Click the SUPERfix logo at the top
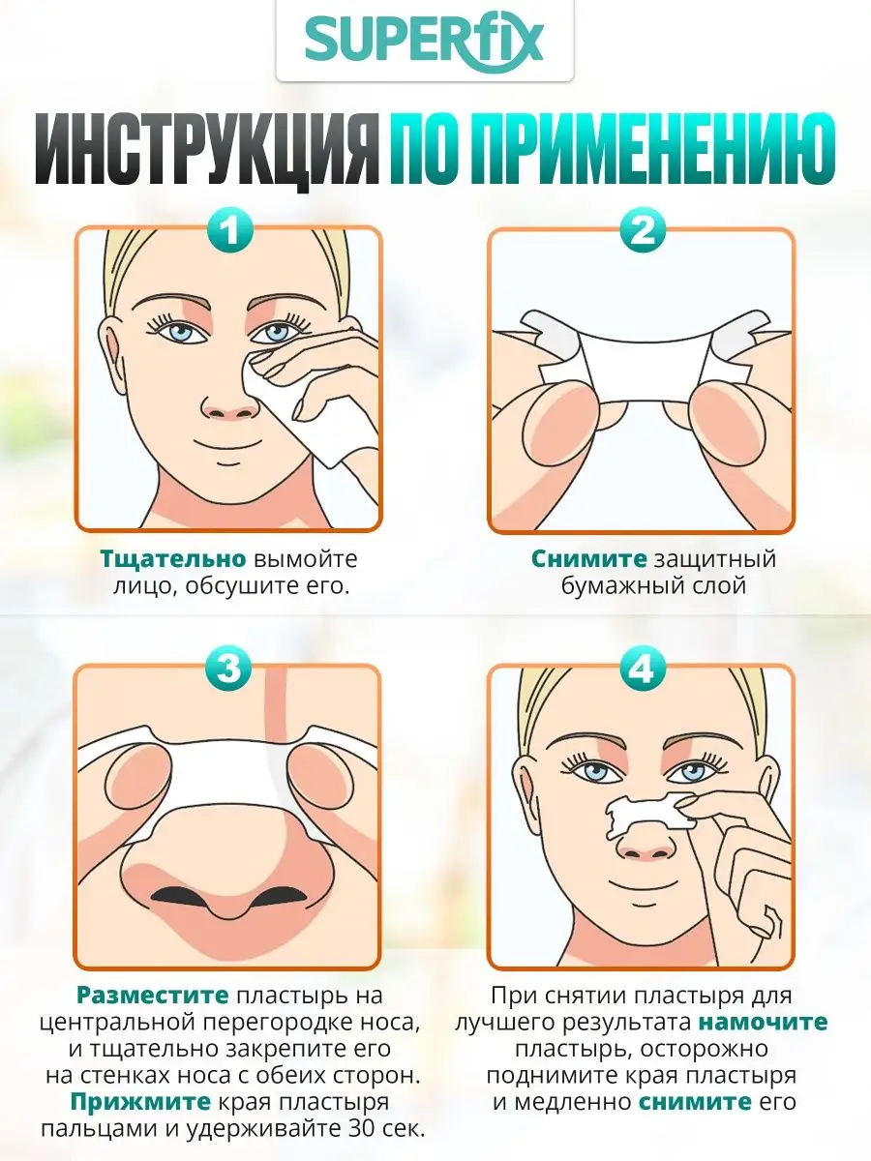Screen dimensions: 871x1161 pos(424,41)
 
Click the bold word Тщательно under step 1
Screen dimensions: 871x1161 pos(173,559)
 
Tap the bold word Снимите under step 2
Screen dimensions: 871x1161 pos(588,559)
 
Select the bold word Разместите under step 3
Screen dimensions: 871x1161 pos(152,995)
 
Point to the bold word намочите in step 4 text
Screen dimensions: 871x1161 pos(763,1022)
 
